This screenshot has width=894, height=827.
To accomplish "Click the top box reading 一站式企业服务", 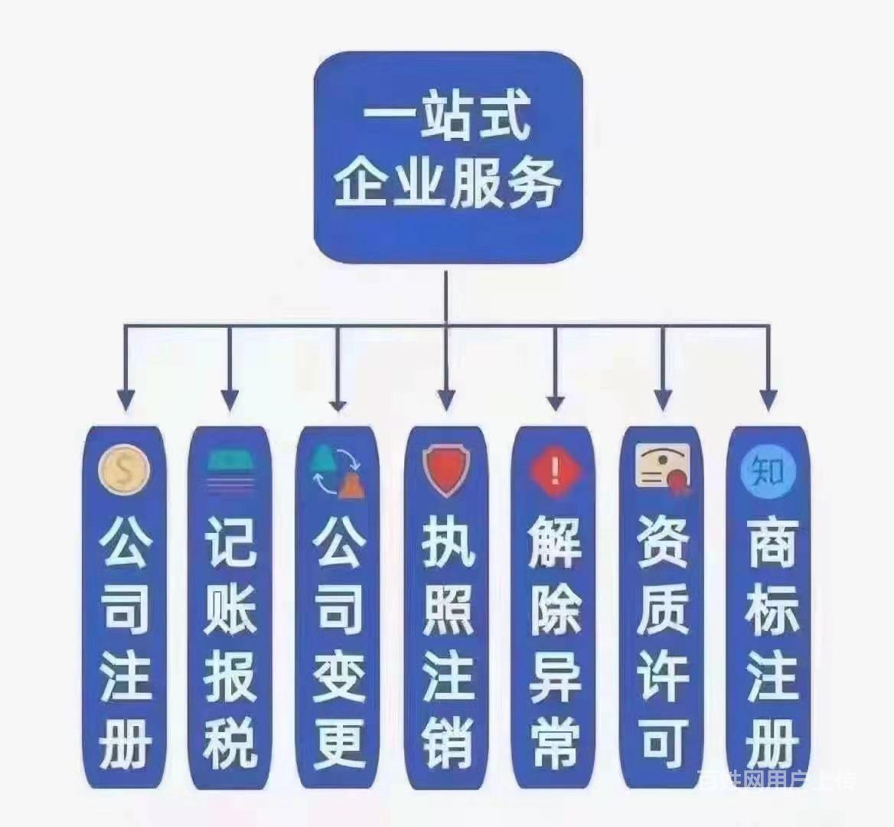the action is [448, 158].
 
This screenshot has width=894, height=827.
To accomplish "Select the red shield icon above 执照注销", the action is [446, 472].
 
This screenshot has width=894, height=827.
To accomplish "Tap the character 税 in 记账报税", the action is [230, 742].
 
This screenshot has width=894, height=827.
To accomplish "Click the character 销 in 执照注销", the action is [448, 742].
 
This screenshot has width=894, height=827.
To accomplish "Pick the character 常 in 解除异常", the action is [555, 742].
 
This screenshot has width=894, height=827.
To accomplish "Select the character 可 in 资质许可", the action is [663, 742].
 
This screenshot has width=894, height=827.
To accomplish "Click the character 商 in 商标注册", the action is [770, 541].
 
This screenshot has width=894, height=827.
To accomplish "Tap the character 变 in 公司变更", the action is [338, 675].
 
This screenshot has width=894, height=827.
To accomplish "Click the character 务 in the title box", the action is [533, 181].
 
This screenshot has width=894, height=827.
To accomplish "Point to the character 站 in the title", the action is [449, 117].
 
